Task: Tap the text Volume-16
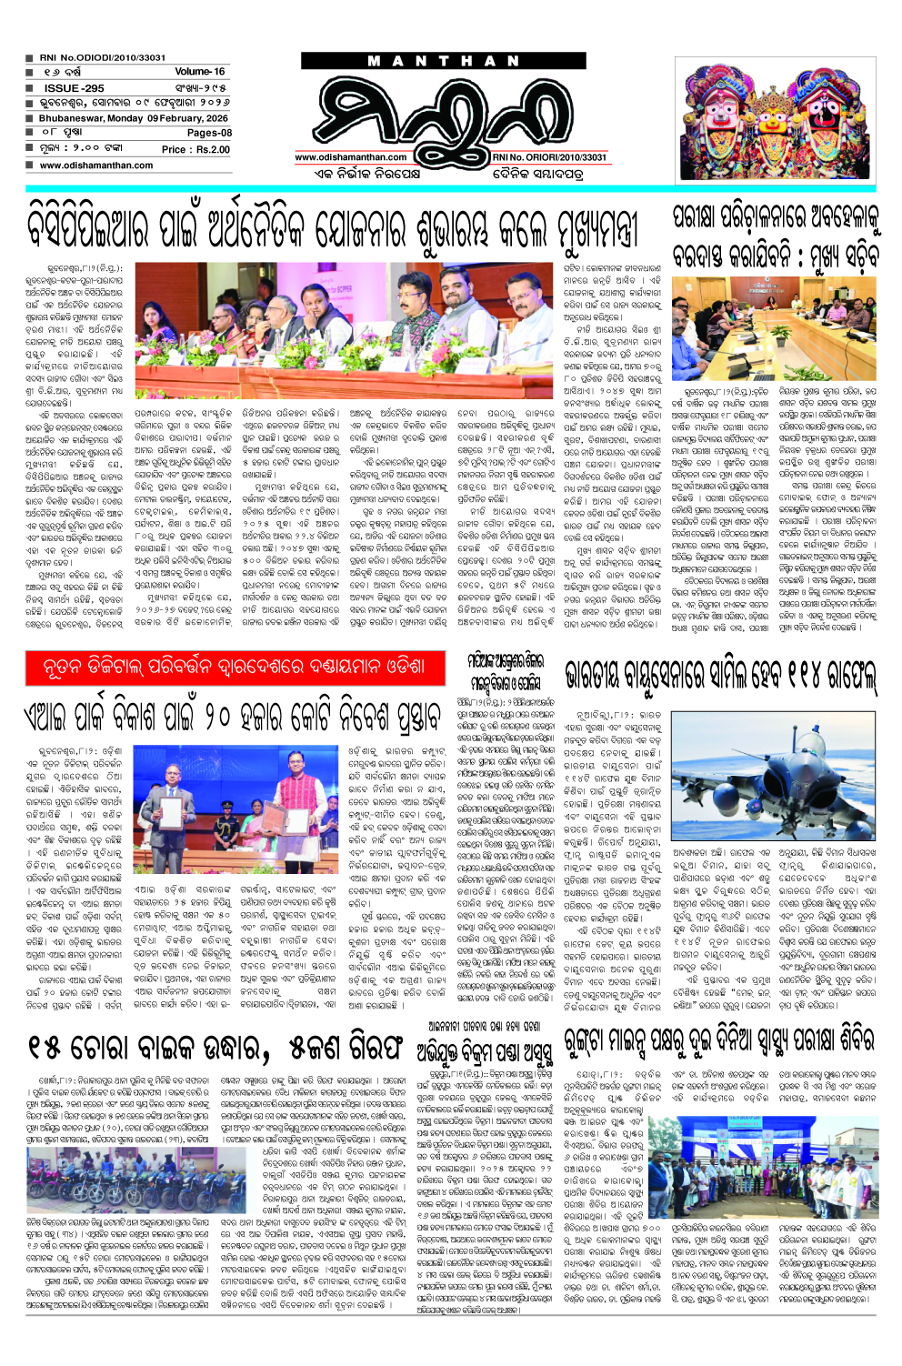tap(200, 71)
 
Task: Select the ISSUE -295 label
tap(74, 88)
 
